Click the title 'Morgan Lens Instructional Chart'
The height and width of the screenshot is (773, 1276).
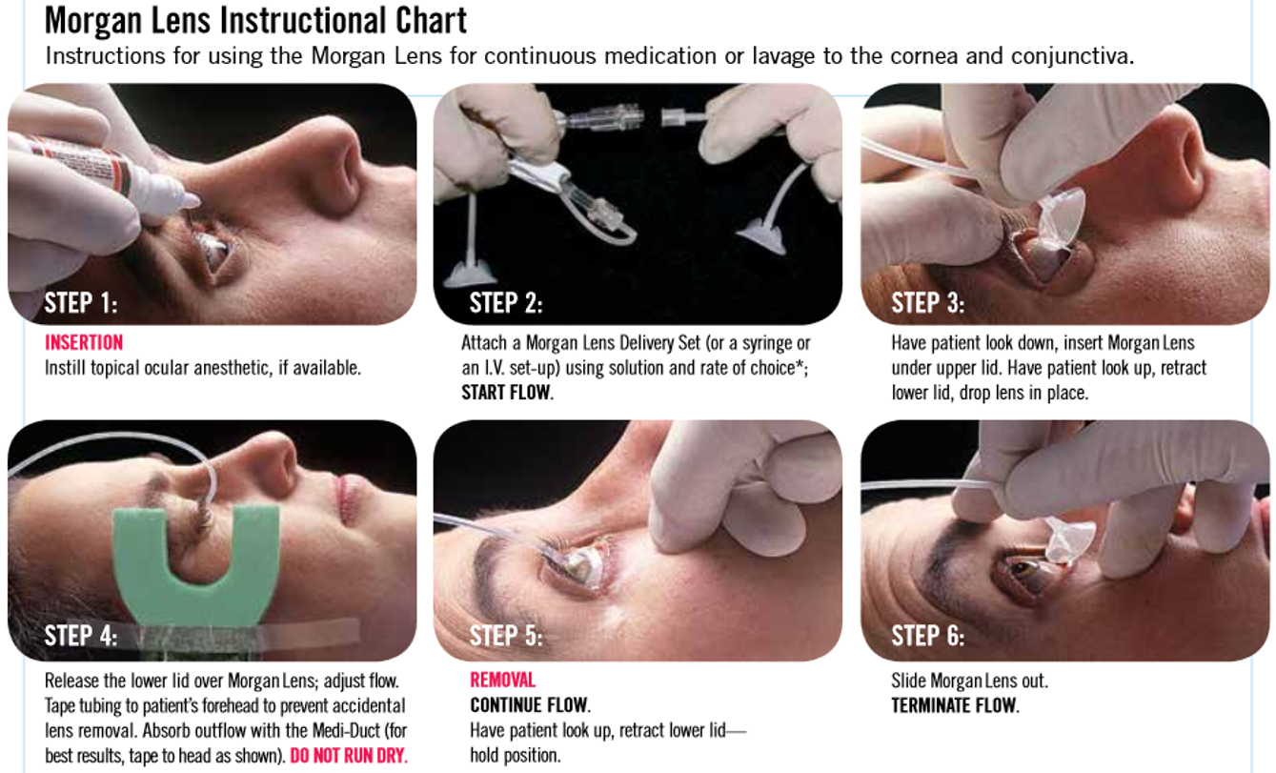[x=255, y=21]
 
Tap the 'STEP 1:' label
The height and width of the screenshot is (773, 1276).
[x=81, y=302]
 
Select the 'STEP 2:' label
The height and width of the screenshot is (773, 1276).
[x=506, y=302]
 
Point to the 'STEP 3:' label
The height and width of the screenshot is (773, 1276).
[x=928, y=302]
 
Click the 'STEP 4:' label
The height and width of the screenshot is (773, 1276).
[x=81, y=635]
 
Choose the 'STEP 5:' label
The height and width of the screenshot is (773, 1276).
[x=506, y=635]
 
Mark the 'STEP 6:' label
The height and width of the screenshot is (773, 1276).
[x=928, y=635]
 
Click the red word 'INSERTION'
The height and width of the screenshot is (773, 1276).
[x=84, y=342]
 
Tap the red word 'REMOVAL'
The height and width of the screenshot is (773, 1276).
[x=502, y=680]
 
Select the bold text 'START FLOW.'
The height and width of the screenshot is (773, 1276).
[x=507, y=393]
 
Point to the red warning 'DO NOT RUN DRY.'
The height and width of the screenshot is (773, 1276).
[x=349, y=755]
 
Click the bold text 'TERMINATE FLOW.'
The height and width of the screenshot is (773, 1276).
[x=955, y=705]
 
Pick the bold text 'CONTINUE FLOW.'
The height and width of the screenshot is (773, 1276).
[x=531, y=705]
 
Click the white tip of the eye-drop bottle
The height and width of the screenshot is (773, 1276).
[x=191, y=200]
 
